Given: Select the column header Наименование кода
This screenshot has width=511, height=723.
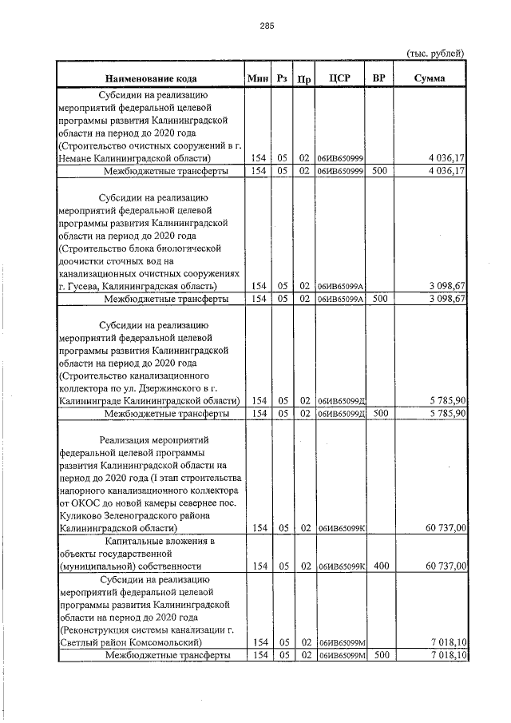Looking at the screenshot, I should point(149,78).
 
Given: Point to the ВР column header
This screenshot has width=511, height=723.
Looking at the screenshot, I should point(379,78).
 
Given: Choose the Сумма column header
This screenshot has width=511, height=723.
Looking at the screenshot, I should point(430,78).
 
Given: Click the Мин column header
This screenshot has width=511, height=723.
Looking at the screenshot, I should point(258,78).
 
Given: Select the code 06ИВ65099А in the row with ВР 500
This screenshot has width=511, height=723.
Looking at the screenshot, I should point(340,299).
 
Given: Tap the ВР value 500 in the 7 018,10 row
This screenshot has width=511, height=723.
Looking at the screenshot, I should point(380,655).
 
